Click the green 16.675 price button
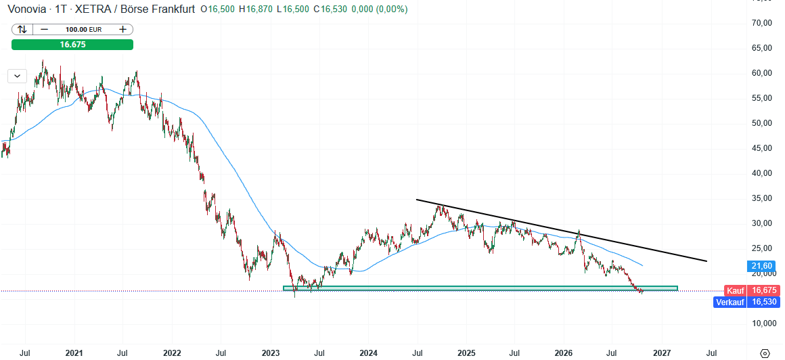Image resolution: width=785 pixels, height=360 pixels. pyautogui.click(x=72, y=45)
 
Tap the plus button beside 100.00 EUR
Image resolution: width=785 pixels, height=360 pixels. pyautogui.click(x=122, y=29)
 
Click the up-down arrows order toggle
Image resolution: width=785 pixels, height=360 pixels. pyautogui.click(x=22, y=29)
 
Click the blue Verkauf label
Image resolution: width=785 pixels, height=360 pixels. pyautogui.click(x=730, y=302)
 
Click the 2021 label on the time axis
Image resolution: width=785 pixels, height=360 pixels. pyautogui.click(x=74, y=353)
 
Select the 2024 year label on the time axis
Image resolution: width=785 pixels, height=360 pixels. pyautogui.click(x=368, y=353)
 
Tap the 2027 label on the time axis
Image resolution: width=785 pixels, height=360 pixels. pyautogui.click(x=663, y=353)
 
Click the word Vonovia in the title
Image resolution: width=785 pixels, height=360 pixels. pyautogui.click(x=25, y=9)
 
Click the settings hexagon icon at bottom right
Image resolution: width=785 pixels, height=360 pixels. pyautogui.click(x=765, y=353)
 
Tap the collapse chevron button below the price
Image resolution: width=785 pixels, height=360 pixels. pyautogui.click(x=18, y=76)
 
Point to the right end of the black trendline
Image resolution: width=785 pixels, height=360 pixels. pyautogui.click(x=707, y=261)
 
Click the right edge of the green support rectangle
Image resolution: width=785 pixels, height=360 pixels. pyautogui.click(x=677, y=288)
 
